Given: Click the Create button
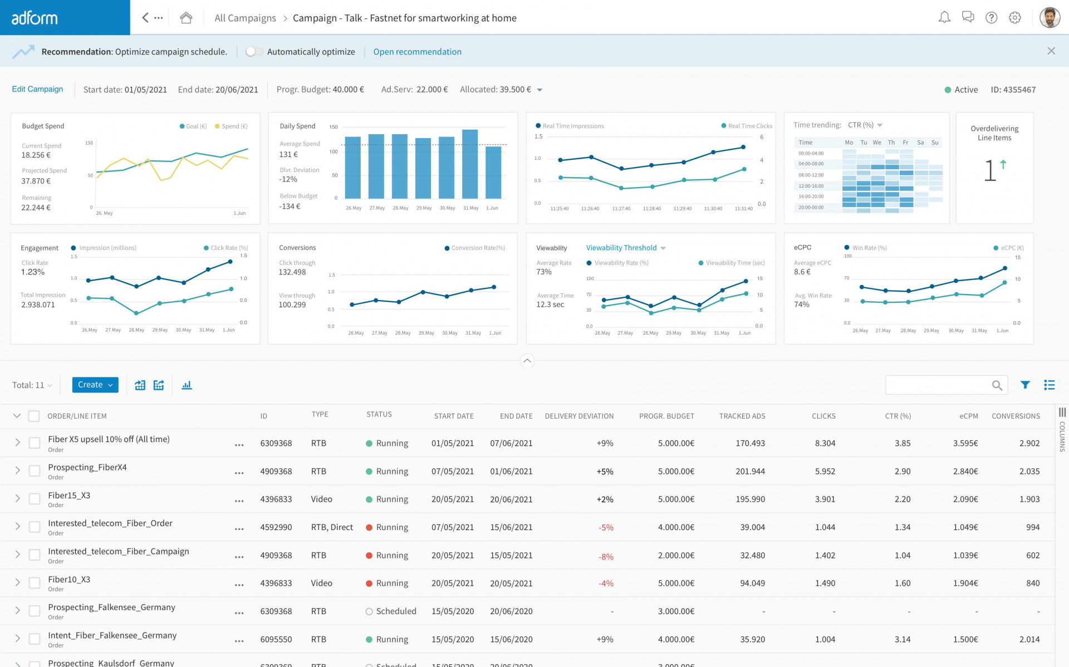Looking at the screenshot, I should point(95,385).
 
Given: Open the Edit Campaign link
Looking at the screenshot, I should point(37,89).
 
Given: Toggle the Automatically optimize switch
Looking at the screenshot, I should point(254,52).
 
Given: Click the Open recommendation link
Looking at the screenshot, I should point(417,52).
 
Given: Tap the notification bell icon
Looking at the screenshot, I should point(944,18).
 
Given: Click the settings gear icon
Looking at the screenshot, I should point(1014,18).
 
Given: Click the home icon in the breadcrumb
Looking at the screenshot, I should point(186,18).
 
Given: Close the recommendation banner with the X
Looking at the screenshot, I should point(1051,51).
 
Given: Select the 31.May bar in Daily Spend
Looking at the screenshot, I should point(470,164).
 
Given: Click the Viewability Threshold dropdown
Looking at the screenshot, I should point(625,248).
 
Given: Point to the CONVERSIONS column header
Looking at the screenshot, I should point(1015,416).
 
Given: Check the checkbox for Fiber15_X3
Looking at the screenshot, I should point(35,499).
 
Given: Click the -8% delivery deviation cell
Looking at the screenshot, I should point(606,556).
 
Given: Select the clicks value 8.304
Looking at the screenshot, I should point(825,443).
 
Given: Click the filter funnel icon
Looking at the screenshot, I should point(1025,385).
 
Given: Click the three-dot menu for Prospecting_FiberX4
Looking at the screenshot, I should point(239,473).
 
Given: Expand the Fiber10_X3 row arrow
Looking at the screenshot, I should point(17,582).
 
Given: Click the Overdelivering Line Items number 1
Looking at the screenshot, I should point(989,171).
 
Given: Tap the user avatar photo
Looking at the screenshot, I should point(1050,18).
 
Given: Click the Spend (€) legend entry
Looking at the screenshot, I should point(231,126).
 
